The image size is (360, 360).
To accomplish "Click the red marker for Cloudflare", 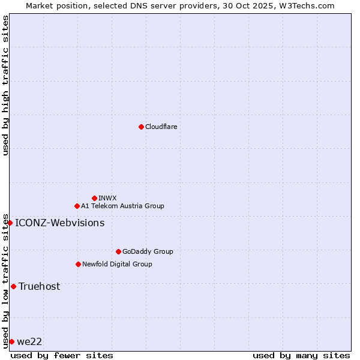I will pos(141,127).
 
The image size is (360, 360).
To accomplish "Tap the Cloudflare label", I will pos(161,127).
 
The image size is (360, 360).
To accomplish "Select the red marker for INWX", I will pos(94,198).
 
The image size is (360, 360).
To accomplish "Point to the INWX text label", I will pos(107,198).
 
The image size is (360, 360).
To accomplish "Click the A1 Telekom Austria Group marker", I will pos(77,206).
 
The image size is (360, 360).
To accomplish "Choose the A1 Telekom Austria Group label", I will pos(122,206).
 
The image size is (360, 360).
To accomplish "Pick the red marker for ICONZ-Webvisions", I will pos(10,223).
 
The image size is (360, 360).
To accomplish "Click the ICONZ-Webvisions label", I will pos(59,223).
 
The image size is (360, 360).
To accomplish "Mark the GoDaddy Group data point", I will pos(118,251).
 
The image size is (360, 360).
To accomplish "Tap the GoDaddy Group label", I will pos(148,251).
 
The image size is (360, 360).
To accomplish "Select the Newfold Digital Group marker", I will pos(78,264).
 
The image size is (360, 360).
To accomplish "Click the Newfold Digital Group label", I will pos(117,264).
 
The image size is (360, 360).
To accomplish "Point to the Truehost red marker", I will pos(13,286).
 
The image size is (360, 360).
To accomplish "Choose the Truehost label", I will pos(39,287).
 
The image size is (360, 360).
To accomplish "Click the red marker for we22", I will pos(11,341).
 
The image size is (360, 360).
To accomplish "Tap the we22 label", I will pos(29,342).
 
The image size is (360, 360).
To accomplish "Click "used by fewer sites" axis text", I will pos(62,355).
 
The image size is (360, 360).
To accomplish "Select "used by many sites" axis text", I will pos(301,355).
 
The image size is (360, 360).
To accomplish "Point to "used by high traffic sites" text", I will pos(5,85).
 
